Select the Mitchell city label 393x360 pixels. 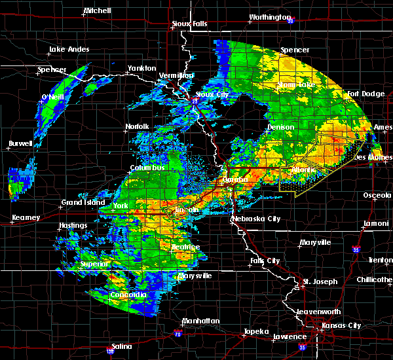[x=98, y=11]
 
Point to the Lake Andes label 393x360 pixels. [x=68, y=50]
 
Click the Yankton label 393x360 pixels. [x=141, y=68]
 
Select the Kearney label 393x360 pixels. [x=26, y=217]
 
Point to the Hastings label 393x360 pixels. [x=72, y=226]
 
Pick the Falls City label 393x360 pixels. [x=265, y=261]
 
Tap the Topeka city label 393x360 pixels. [x=254, y=331]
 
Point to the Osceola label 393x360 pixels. [x=373, y=194]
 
